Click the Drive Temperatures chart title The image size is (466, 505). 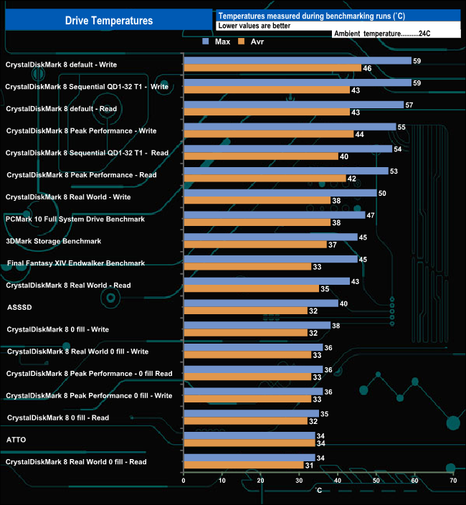(x=109, y=21)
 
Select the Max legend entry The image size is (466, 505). (x=219, y=42)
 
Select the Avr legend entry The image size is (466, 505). (x=256, y=42)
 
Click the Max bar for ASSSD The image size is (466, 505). (x=261, y=303)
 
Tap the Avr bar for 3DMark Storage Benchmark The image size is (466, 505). (x=255, y=245)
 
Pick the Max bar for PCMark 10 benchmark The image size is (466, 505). (x=275, y=215)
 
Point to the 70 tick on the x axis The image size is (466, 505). (x=452, y=481)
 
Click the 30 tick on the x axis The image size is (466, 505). (x=299, y=481)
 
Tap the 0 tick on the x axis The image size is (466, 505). (x=184, y=481)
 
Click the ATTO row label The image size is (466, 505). (x=16, y=440)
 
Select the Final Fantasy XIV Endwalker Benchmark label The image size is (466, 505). (x=76, y=263)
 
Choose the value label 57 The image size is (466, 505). (x=409, y=105)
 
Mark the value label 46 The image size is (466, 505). (x=366, y=68)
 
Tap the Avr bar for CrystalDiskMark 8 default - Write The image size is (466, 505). (x=272, y=68)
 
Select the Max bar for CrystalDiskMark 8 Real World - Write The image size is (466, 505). (x=280, y=193)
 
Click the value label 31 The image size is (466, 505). (x=308, y=466)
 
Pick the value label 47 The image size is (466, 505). (x=370, y=215)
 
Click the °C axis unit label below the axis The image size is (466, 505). (x=319, y=491)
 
